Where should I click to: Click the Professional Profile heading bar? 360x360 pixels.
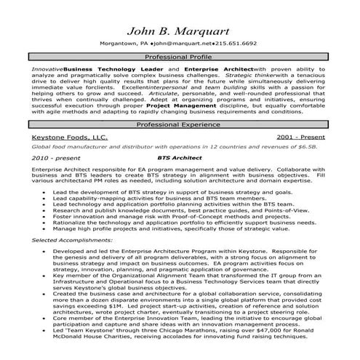180,57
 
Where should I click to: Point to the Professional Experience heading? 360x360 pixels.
180,125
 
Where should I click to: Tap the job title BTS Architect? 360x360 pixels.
178,156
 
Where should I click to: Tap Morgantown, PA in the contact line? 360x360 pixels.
124,44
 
